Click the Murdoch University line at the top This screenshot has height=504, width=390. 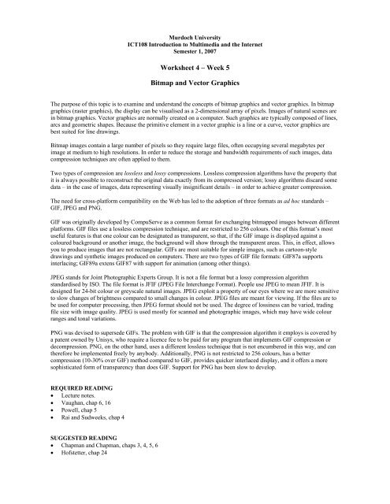click(x=194, y=36)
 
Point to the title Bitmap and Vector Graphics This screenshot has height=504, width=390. click(x=194, y=86)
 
